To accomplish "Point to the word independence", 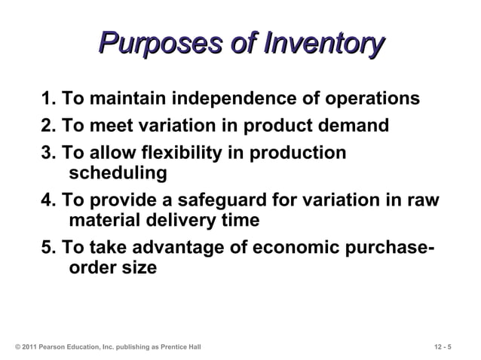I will [231, 99].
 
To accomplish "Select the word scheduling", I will [118, 173].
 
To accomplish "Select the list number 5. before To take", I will [48, 249].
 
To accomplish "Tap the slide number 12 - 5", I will [443, 346].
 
